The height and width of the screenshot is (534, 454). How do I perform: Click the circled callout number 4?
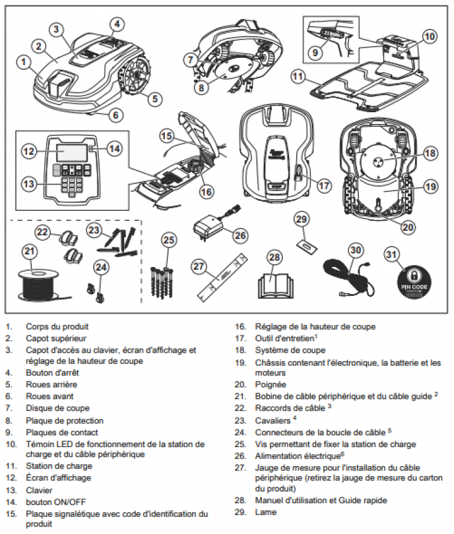117,24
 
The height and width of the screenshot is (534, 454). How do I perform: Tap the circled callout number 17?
324,185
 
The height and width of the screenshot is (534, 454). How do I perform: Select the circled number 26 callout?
240,235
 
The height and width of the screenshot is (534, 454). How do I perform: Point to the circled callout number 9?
315,53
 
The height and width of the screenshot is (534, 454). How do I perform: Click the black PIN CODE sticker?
414,284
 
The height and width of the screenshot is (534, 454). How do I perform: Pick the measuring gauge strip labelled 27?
222,276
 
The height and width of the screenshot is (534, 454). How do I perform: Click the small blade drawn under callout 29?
307,245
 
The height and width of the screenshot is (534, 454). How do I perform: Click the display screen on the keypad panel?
72,152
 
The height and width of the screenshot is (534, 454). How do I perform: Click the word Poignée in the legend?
271,385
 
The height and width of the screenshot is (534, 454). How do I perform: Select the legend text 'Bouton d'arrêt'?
52,373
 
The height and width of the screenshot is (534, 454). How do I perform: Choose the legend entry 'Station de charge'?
59,465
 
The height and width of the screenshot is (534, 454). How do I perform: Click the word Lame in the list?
265,512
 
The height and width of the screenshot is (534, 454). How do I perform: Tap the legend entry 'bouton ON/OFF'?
56,502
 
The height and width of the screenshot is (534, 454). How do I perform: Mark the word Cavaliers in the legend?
273,421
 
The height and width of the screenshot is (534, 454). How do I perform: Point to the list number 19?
240,363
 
